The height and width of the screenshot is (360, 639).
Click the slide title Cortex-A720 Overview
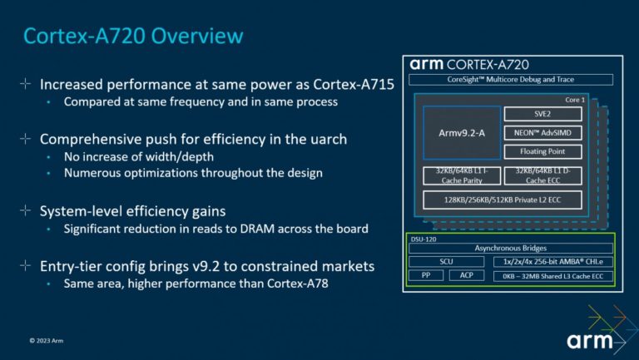point(133,36)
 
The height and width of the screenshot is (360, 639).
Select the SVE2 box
point(542,114)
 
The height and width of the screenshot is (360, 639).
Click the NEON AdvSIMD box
point(542,133)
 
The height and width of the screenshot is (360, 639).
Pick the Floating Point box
point(542,152)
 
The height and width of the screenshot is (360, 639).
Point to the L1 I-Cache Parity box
point(458,175)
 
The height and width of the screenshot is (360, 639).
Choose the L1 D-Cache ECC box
point(542,175)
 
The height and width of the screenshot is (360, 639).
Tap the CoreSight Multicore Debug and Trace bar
point(511,80)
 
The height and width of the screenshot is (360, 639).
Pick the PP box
point(426,275)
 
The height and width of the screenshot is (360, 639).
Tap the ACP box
point(466,275)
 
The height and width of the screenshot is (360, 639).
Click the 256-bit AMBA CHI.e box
point(552,261)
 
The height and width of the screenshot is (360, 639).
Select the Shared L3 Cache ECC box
point(552,275)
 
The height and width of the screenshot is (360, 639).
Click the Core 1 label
point(575,99)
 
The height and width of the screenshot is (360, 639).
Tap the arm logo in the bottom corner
point(590,341)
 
